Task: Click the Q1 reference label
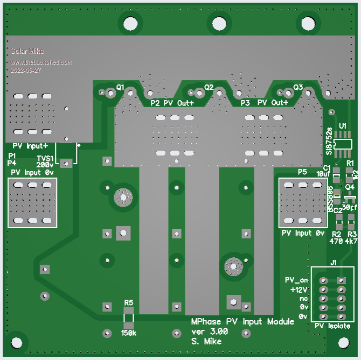pos(120,87)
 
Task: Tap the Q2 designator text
pos(209,87)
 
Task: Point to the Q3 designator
pos(298,87)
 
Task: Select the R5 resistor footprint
pos(128,317)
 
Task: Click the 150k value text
pos(128,333)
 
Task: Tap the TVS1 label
pos(45,158)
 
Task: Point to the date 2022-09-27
pos(26,70)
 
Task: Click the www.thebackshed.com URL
pos(41,62)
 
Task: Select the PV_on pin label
pos(296,280)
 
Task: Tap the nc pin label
pos(303,298)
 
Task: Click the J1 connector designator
pos(334,263)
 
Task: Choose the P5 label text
pos(302,171)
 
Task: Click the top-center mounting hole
pos(218,24)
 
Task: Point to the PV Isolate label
pos(332,326)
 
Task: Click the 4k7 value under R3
pos(351,242)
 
